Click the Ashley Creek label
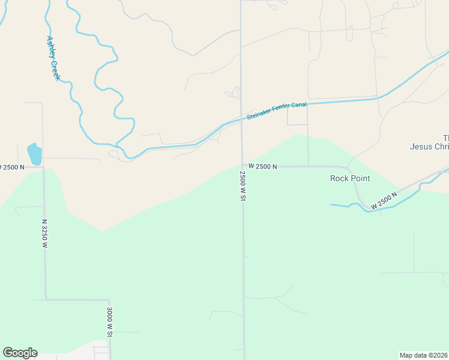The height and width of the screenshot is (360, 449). (x=53, y=58)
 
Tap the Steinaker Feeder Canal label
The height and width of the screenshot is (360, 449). (x=277, y=111)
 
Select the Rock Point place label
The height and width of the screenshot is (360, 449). (x=350, y=178)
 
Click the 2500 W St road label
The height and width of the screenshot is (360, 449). (x=243, y=186)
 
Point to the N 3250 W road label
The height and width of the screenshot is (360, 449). (x=44, y=233)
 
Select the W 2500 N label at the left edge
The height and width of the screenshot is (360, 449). (x=12, y=167)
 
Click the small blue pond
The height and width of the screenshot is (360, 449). (x=34, y=154)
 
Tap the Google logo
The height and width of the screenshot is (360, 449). (x=20, y=352)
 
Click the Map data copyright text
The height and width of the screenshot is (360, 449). (x=424, y=355)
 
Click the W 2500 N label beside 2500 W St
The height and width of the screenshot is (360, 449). (x=262, y=166)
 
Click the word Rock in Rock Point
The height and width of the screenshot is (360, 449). (x=339, y=178)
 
